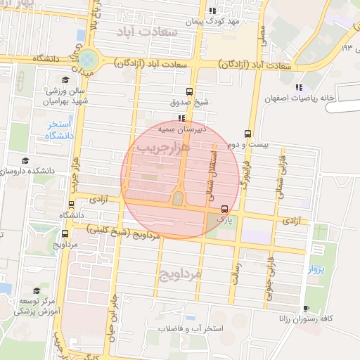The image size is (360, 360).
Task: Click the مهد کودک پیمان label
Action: tap(214, 22)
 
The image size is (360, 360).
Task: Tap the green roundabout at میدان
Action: tap(87, 58)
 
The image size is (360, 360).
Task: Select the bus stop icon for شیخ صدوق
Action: tap(188, 91)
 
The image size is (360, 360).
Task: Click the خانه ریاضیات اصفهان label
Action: tap(301, 98)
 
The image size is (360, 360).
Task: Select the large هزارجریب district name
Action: tap(162, 148)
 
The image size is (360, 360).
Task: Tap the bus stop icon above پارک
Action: tap(224, 209)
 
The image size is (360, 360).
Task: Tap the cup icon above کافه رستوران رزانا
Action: tap(305, 309)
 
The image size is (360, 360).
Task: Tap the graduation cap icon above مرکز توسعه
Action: tap(35, 290)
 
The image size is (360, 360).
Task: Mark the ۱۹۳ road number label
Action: tap(346, 48)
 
